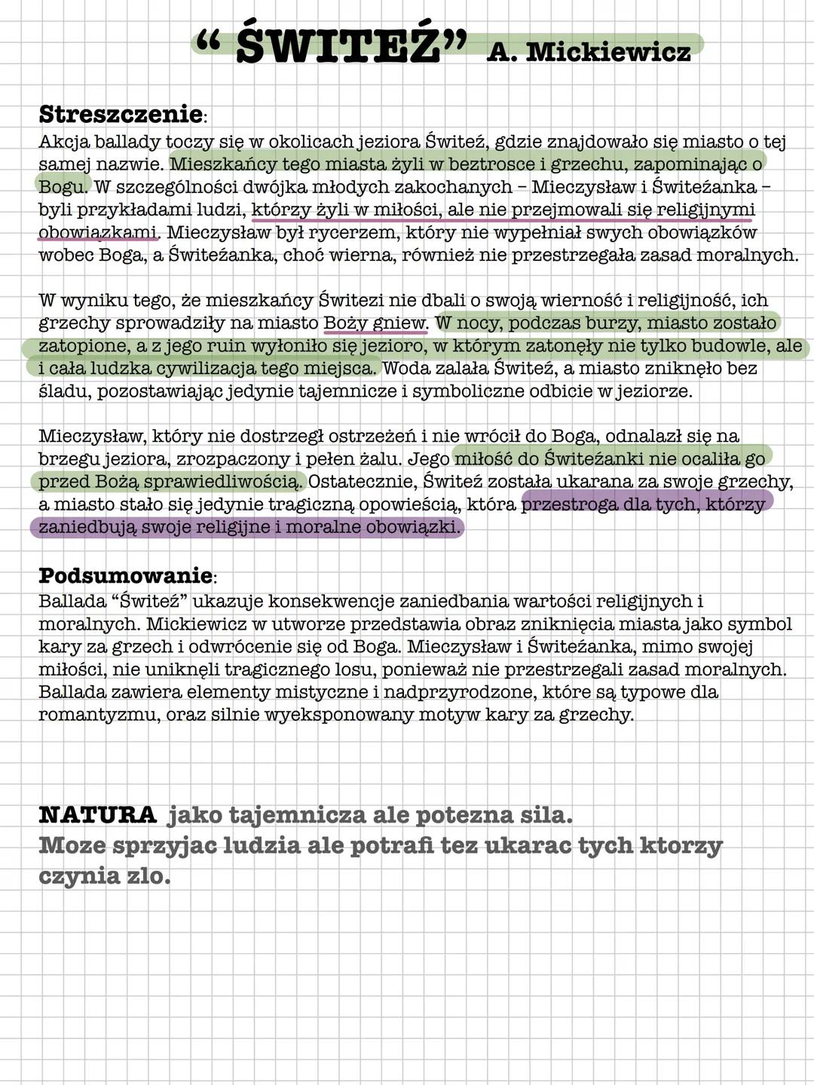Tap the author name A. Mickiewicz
(588, 51)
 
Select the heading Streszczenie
(120, 115)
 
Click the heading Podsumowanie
(125, 575)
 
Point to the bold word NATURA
(97, 815)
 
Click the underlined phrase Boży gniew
(375, 323)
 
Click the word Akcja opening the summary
(62, 142)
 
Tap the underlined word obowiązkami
(97, 232)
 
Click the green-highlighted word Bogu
(63, 187)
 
